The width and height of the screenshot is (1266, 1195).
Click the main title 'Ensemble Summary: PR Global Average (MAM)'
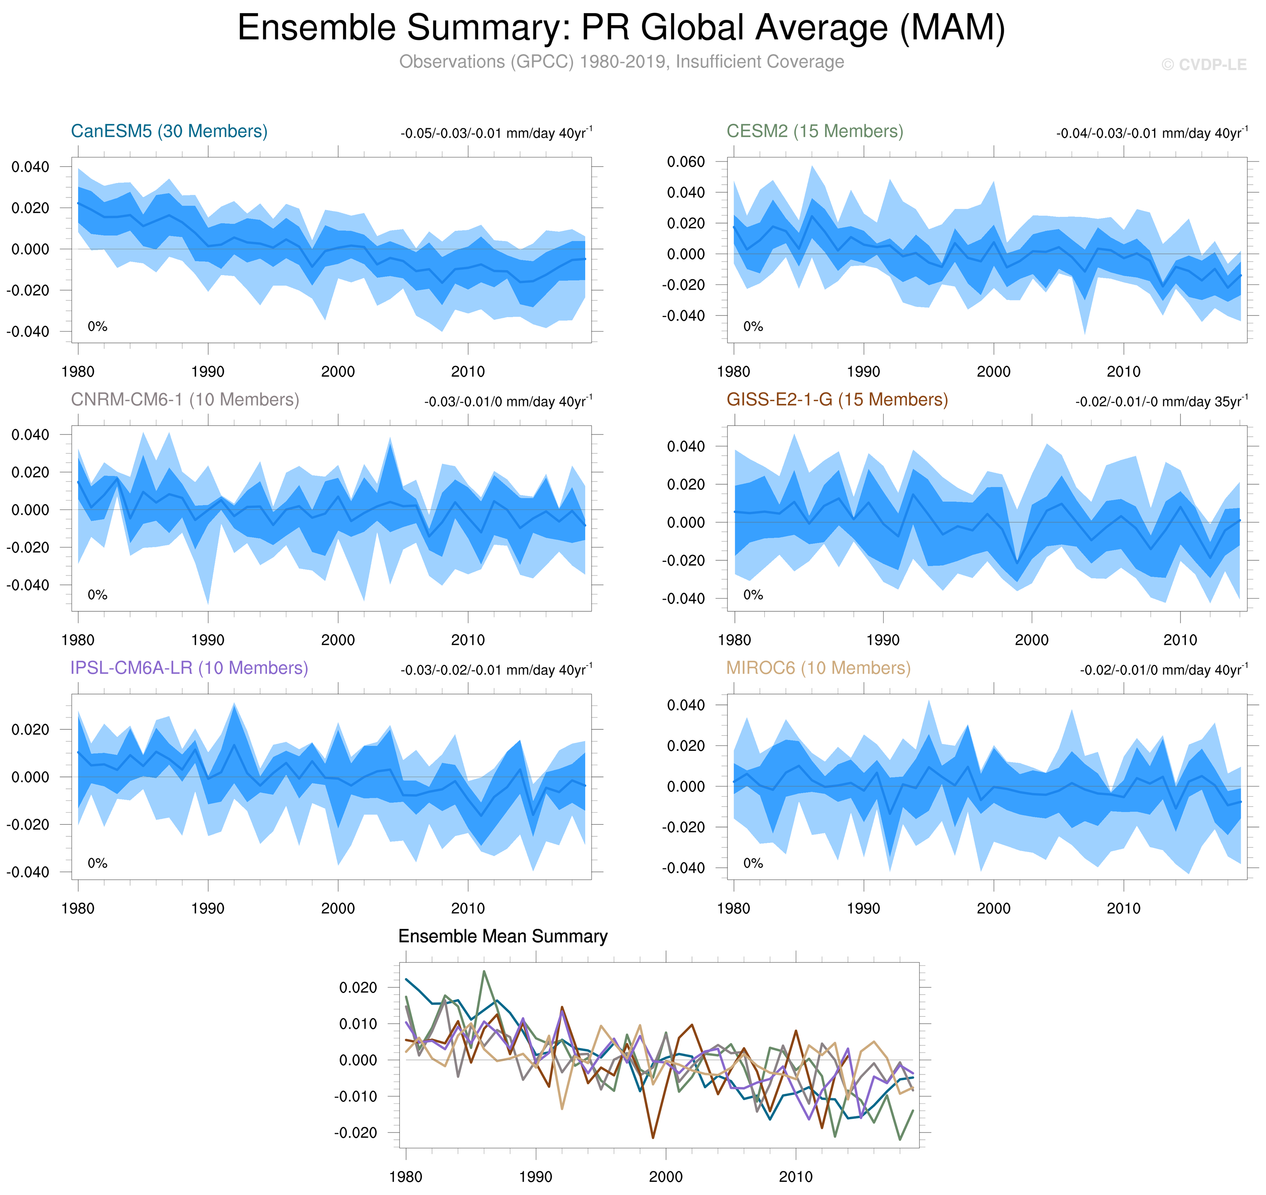(621, 28)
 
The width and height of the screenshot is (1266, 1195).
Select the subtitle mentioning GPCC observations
(621, 62)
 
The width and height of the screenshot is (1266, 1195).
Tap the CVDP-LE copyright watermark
(1203, 65)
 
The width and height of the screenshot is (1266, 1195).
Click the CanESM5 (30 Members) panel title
(169, 131)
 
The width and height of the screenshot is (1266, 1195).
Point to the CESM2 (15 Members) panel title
(814, 131)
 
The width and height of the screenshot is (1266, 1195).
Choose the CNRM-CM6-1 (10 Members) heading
(185, 399)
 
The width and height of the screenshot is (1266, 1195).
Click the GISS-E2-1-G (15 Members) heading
(837, 399)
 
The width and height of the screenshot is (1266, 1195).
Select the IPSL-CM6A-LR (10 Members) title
(189, 668)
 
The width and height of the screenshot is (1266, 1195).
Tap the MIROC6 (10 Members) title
(818, 668)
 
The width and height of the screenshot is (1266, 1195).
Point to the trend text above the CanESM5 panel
(496, 133)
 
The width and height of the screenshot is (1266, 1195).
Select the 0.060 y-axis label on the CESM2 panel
(686, 162)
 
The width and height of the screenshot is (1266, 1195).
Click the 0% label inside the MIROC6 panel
(753, 863)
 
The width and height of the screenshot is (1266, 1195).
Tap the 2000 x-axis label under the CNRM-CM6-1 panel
(338, 640)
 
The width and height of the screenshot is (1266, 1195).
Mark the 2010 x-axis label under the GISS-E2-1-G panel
(1180, 640)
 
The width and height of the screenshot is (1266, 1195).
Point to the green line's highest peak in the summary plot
(484, 972)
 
